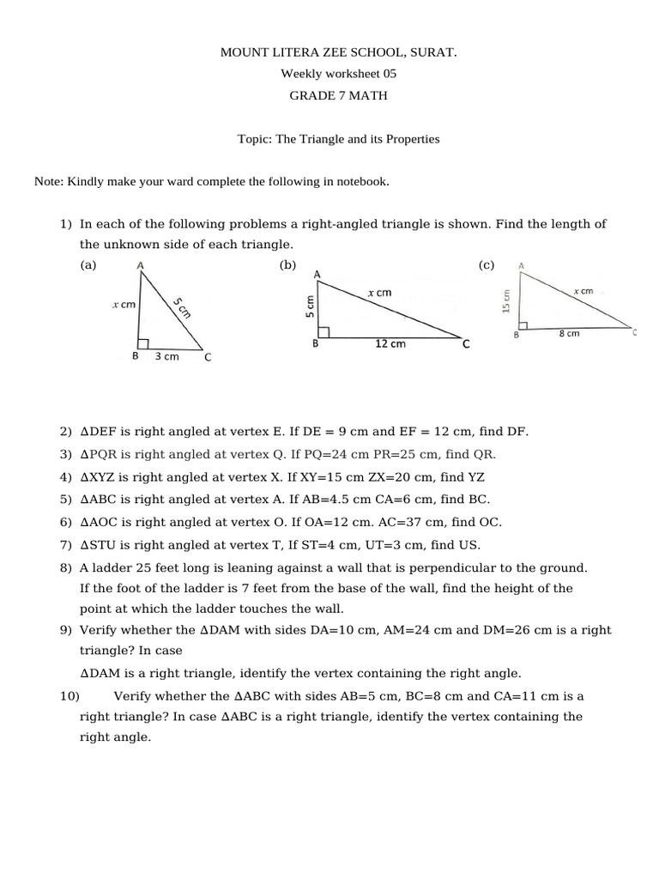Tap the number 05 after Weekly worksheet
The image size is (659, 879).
tap(390, 75)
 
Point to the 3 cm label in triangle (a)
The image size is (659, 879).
tap(166, 356)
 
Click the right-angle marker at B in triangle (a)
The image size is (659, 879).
tap(143, 343)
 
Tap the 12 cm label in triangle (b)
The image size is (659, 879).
tap(390, 344)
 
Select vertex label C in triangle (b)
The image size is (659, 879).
tap(466, 344)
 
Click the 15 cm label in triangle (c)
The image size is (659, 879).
tap(507, 300)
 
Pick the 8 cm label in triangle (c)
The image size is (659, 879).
tap(569, 333)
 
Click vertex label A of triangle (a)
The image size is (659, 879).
tap(140, 266)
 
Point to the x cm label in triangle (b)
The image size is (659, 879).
tap(379, 293)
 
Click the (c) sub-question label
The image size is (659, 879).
tap(487, 266)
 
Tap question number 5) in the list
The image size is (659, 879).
tap(66, 500)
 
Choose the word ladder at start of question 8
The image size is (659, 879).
tap(110, 567)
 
